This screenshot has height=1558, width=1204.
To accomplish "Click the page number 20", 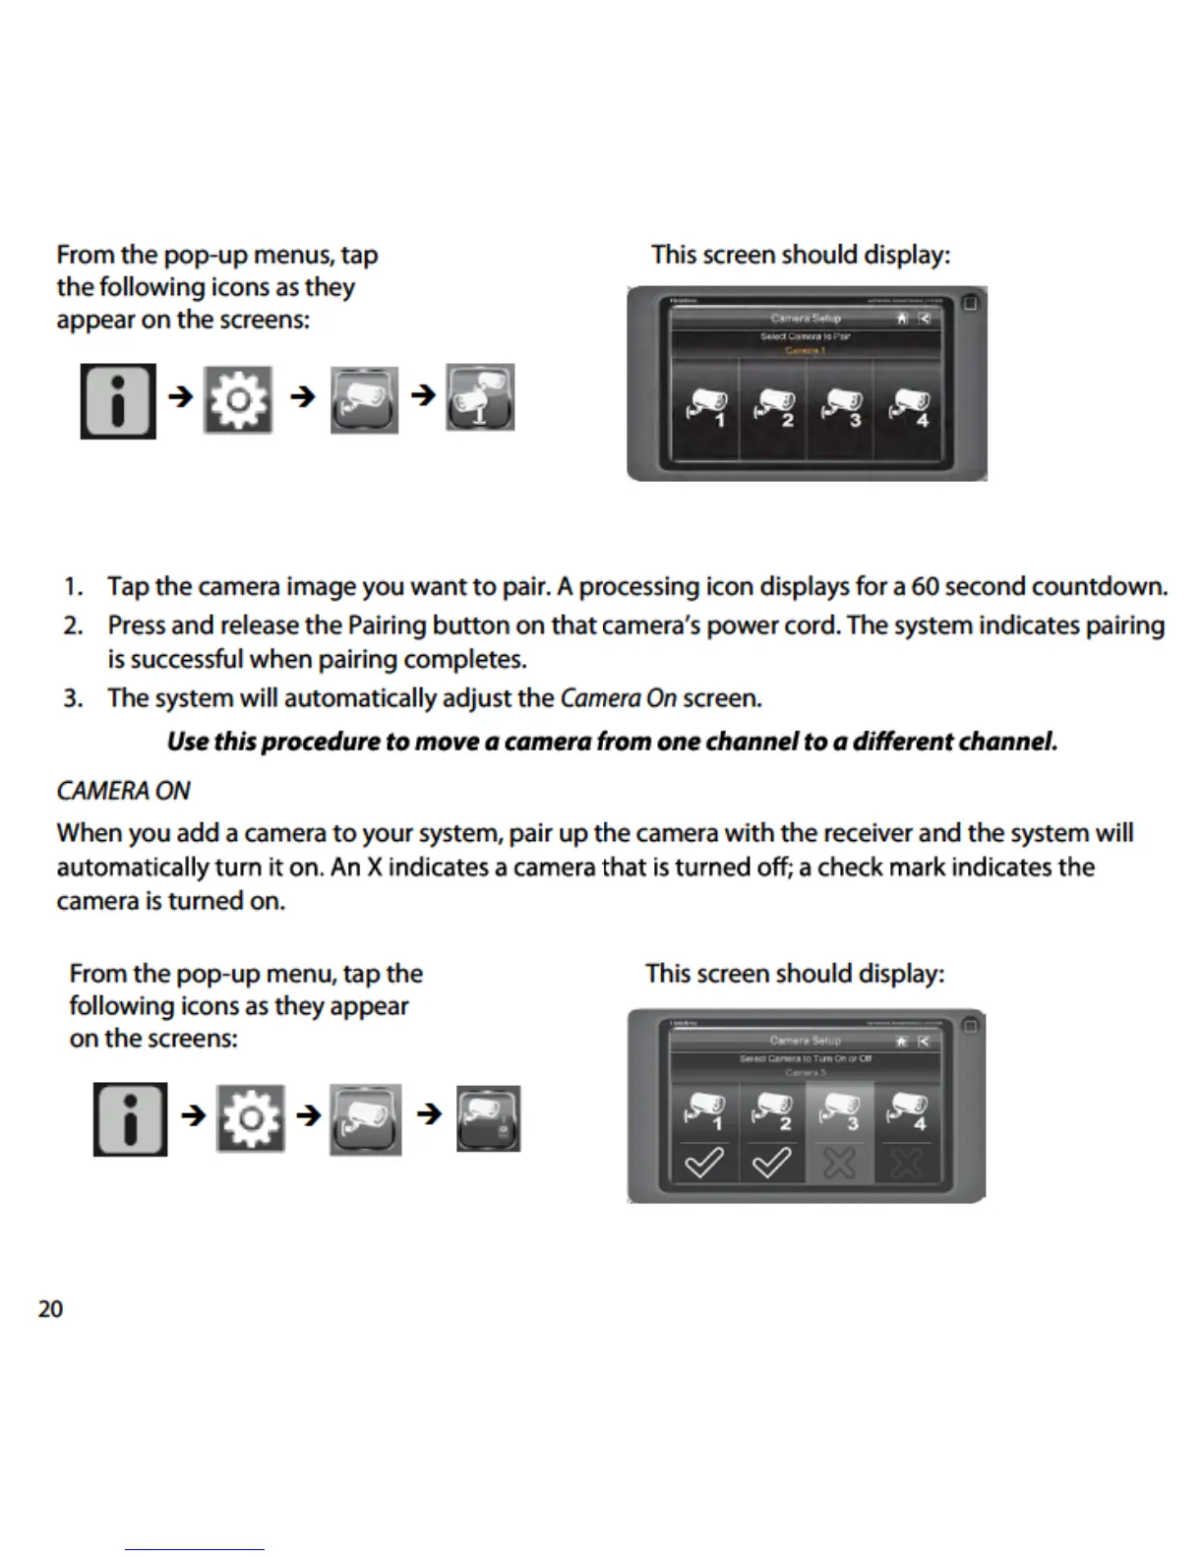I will (50, 1309).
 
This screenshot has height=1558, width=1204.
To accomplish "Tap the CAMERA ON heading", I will (123, 791).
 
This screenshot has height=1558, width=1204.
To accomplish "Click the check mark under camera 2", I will (771, 1165).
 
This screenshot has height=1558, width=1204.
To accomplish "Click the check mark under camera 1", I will (704, 1165).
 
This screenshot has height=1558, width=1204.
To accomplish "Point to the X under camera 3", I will (839, 1165).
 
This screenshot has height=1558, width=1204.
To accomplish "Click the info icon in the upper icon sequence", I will (118, 401).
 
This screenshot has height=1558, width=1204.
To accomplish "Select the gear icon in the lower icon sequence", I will (251, 1118).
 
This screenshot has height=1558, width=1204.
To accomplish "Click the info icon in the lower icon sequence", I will (130, 1119).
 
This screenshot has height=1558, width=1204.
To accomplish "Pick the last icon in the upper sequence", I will (480, 397).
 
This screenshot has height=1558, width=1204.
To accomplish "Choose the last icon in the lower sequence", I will (488, 1118).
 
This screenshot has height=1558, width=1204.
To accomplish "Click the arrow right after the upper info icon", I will (180, 396).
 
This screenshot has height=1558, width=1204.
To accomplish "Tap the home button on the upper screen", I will (902, 318).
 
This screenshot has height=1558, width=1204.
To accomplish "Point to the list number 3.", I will (72, 699).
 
